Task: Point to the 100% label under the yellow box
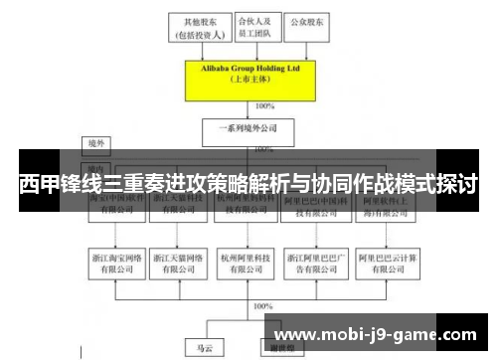point(265,105)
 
